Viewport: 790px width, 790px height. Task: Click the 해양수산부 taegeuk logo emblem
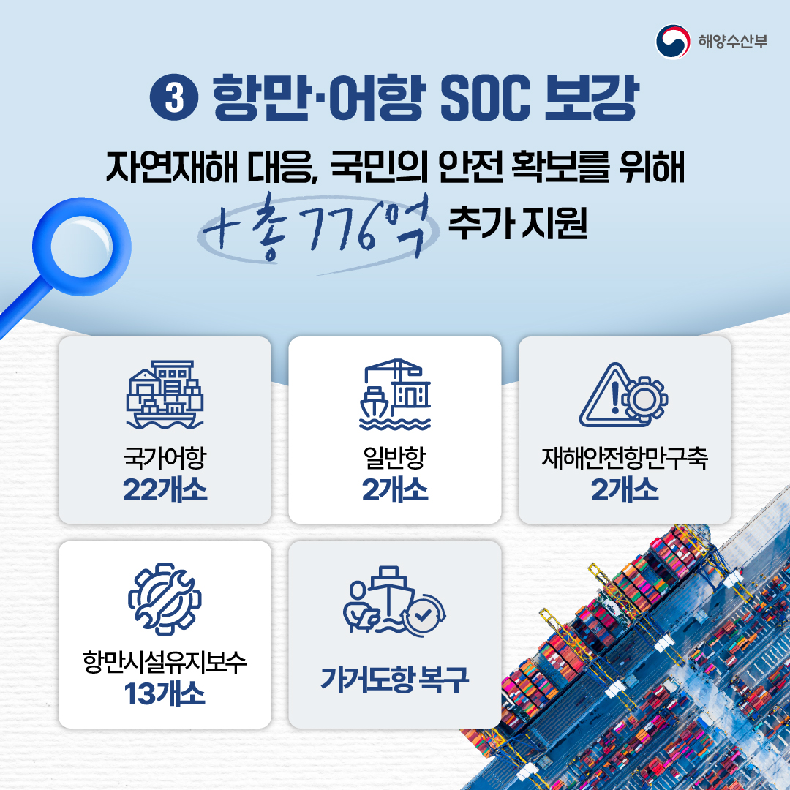[672, 41]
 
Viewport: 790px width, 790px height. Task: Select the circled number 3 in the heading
[175, 99]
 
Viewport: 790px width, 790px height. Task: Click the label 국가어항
[165, 459]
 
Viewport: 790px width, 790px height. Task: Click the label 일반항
[395, 459]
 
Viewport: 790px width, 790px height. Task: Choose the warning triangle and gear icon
[624, 395]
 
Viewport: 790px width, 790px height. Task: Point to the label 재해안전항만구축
[625, 459]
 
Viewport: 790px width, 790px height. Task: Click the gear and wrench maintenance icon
[165, 598]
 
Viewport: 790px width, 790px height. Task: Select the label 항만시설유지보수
[165, 663]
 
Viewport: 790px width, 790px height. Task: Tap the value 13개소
[165, 694]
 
